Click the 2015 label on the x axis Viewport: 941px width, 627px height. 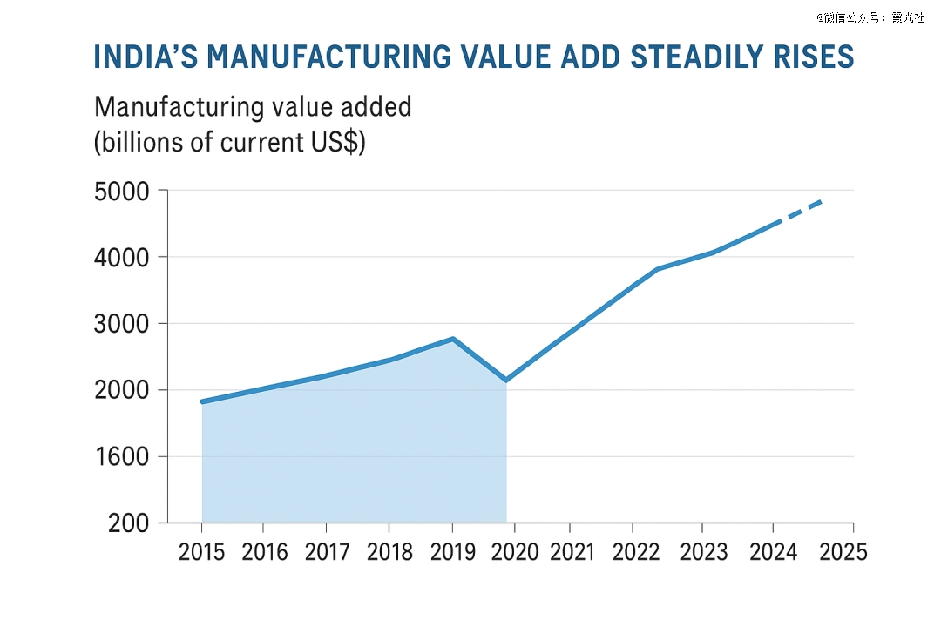(x=202, y=552)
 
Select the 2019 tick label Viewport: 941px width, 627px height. (x=451, y=552)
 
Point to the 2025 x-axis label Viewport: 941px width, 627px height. (x=843, y=552)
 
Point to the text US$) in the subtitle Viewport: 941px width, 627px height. (x=336, y=142)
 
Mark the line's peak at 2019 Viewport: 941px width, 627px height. (x=453, y=339)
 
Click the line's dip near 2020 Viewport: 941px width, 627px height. (x=505, y=380)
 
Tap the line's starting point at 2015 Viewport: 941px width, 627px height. (x=202, y=401)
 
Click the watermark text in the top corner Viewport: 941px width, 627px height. (x=870, y=17)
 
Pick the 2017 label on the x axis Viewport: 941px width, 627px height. (x=327, y=552)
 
